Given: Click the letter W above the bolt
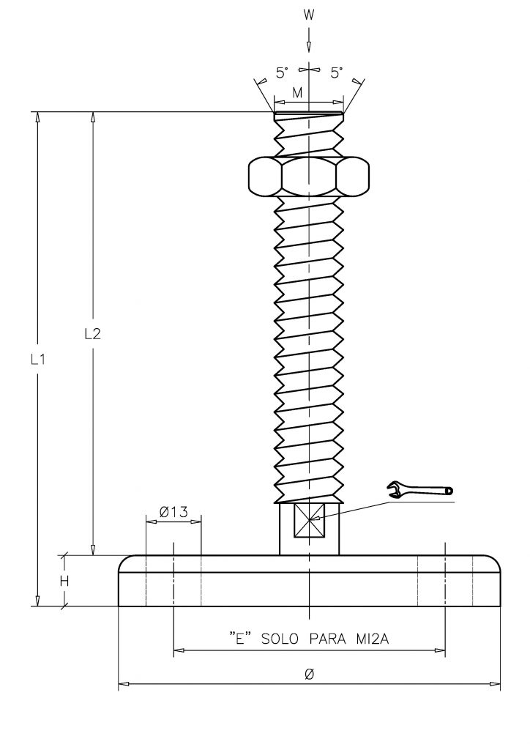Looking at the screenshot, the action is [x=309, y=15].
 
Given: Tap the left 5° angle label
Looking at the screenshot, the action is [x=283, y=73].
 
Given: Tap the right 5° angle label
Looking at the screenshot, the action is [x=337, y=73].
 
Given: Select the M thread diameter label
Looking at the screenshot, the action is [x=297, y=93].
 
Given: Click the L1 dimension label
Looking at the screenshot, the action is [x=38, y=359].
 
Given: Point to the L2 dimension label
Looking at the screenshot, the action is [x=93, y=334].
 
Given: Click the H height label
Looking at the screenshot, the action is [x=64, y=581].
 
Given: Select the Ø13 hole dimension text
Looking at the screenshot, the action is [x=173, y=512].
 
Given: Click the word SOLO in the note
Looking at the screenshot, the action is [x=280, y=639].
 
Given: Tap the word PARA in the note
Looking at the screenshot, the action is [x=327, y=639].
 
